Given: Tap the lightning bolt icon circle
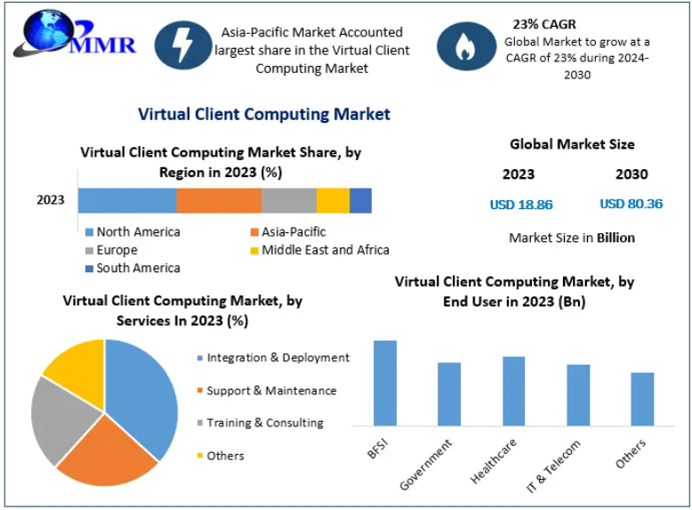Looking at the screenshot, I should tap(182, 45).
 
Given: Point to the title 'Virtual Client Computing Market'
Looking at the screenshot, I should tap(264, 114).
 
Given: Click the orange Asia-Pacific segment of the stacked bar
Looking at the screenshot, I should tap(219, 200).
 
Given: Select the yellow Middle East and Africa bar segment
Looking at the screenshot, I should tap(333, 200).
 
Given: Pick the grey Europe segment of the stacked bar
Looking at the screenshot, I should tap(289, 200).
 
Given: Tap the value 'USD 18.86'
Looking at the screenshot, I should tap(521, 205).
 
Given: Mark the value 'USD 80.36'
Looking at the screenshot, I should tap(632, 204).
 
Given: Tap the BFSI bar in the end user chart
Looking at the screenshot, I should tap(385, 383).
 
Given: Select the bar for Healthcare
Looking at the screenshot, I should tap(513, 391).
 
